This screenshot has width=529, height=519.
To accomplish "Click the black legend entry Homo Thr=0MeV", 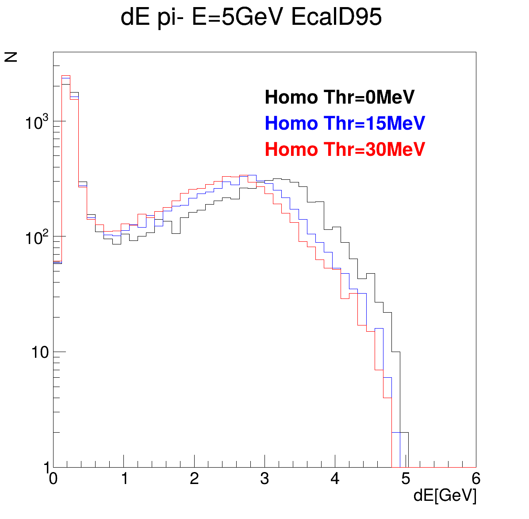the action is click(x=339, y=97).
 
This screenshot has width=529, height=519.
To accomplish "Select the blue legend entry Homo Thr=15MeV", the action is click(x=345, y=123).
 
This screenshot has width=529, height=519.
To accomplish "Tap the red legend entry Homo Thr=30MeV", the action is click(x=345, y=149).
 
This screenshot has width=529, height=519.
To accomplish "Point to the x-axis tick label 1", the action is click(x=124, y=478).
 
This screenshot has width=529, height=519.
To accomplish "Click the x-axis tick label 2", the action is click(x=194, y=478).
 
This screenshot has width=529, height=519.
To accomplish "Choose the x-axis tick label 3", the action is click(x=265, y=478).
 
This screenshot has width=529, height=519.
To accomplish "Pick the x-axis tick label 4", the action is click(x=335, y=478).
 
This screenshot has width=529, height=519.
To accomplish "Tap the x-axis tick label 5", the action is click(x=406, y=478).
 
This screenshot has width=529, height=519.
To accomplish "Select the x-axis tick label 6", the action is click(x=476, y=478).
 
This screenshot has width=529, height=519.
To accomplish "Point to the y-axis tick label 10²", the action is click(x=37, y=237).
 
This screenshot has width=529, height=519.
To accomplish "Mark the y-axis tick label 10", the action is click(x=40, y=352).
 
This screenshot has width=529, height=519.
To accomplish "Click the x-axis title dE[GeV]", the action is click(x=445, y=496).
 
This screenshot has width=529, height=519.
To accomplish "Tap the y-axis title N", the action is click(x=11, y=57).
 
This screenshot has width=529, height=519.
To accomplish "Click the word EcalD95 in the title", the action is click(x=336, y=17).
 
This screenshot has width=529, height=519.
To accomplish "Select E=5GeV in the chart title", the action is click(x=238, y=17).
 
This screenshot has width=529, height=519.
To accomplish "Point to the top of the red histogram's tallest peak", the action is click(x=66, y=76).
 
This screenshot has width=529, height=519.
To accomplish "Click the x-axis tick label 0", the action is click(x=54, y=478).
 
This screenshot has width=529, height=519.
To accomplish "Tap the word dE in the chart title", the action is click(x=135, y=17).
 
